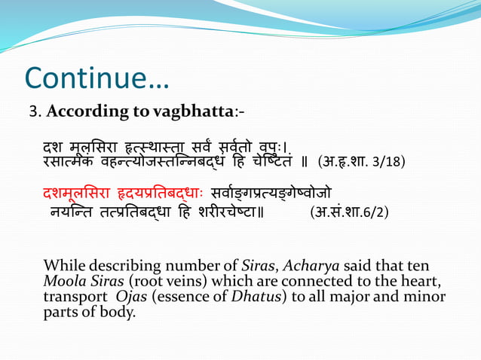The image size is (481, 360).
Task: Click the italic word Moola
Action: click(63, 281)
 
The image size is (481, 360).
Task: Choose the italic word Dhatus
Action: click(251, 296)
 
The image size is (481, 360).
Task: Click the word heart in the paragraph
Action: click(422, 281)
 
